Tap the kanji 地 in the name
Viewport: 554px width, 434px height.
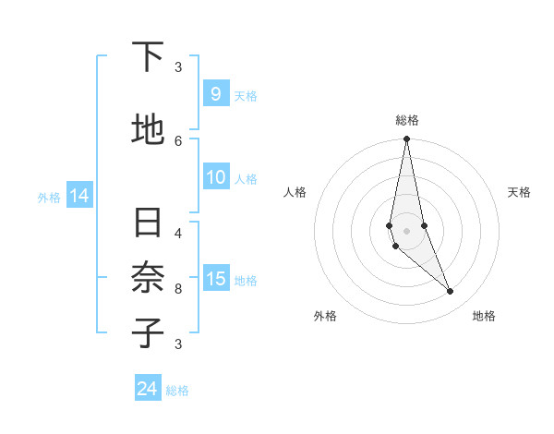click(148, 129)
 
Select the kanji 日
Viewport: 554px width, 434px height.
click(148, 224)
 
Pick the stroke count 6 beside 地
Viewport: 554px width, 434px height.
click(178, 140)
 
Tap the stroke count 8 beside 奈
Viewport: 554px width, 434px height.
click(178, 288)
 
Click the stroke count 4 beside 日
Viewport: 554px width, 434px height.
click(178, 233)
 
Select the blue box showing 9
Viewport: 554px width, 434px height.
click(215, 94)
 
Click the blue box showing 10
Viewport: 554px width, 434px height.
click(217, 178)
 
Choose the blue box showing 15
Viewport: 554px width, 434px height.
click(217, 279)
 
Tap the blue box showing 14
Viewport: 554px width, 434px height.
click(79, 196)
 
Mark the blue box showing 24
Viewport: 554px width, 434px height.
click(147, 389)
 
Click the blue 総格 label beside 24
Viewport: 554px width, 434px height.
click(177, 391)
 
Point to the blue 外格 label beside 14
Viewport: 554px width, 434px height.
click(49, 197)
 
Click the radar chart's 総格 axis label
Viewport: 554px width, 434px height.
click(407, 120)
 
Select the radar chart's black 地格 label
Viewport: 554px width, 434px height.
click(484, 316)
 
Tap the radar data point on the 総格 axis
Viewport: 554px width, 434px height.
click(406, 139)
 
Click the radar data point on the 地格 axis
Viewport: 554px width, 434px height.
click(451, 292)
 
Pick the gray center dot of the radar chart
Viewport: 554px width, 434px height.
click(406, 230)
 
